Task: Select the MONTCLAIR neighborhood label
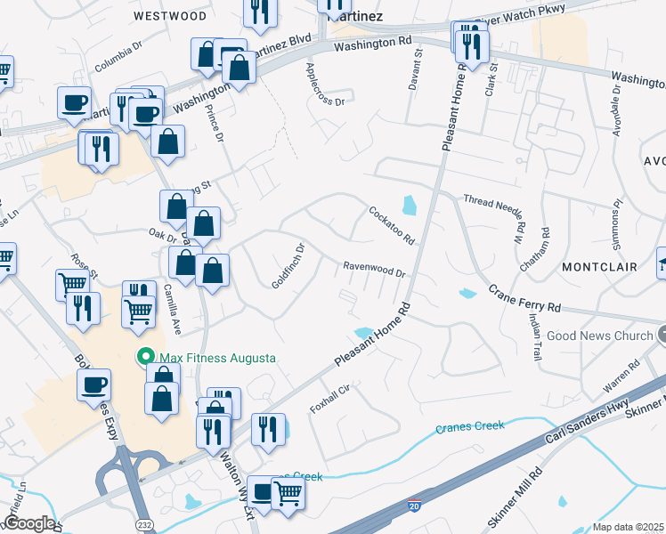point(598,266)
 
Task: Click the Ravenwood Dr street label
point(375,271)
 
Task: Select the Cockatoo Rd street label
point(393,225)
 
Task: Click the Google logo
point(28,523)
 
